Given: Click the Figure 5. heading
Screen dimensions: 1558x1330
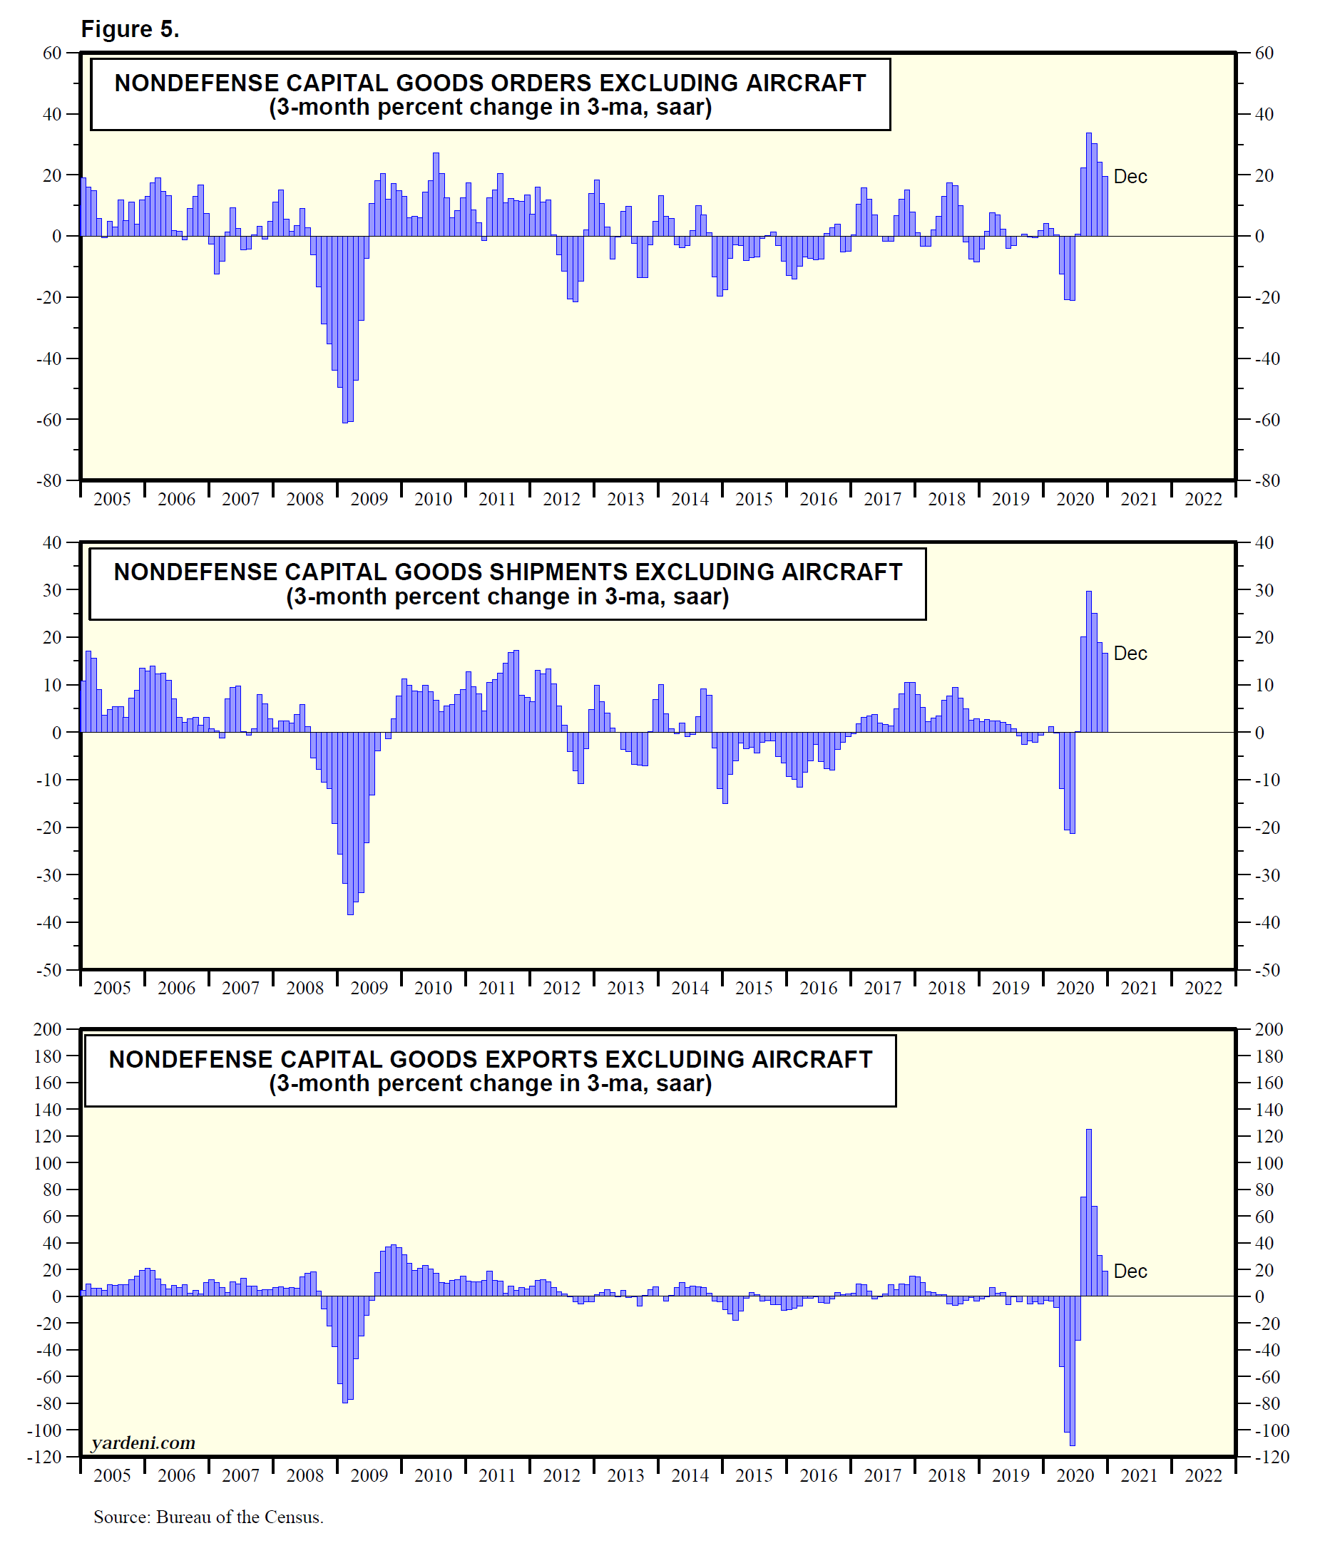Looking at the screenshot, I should point(129,29).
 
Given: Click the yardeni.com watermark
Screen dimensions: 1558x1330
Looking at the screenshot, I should point(143,1443).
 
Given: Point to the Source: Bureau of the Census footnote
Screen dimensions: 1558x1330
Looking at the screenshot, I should point(208,1517).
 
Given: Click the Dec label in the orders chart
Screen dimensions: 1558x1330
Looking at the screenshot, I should point(1130,177).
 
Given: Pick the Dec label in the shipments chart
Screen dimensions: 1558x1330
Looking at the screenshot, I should point(1130,654).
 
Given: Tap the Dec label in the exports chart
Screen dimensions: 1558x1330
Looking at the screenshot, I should point(1130,1271).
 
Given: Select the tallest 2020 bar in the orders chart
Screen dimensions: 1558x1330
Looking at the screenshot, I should point(1088,184).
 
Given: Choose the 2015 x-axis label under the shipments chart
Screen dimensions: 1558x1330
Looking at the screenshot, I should point(754,987).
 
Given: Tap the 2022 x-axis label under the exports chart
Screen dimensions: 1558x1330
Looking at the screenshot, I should point(1203,1475).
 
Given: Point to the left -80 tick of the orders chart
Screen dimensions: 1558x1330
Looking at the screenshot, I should point(51,480).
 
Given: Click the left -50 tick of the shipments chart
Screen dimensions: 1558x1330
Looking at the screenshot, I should point(51,970).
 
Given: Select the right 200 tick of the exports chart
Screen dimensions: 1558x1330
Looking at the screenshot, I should point(1269,1029).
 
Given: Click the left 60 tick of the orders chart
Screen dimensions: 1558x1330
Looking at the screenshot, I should point(53,53).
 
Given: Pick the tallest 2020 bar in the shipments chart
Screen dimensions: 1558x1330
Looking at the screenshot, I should point(1088,661).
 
